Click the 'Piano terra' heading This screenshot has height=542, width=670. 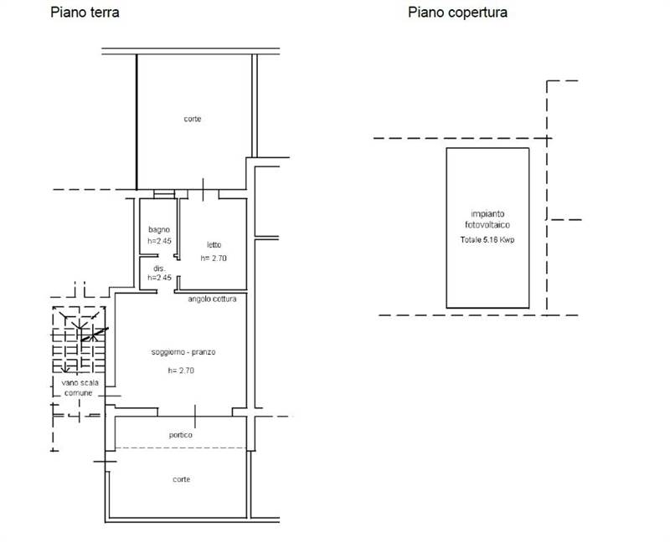click(x=85, y=12)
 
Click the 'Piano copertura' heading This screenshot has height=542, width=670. click(x=457, y=12)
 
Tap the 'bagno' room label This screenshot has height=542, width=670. click(x=159, y=230)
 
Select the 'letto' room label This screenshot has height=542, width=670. click(x=214, y=244)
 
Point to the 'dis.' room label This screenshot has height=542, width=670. click(x=159, y=268)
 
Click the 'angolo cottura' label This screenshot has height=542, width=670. click(x=212, y=299)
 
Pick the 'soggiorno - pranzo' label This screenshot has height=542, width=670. click(x=183, y=352)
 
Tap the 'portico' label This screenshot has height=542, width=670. click(x=181, y=435)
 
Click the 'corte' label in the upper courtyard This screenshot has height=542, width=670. click(x=193, y=119)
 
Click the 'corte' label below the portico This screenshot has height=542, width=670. click(x=181, y=479)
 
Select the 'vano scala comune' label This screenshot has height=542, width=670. click(x=80, y=387)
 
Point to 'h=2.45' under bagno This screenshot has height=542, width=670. click(x=159, y=241)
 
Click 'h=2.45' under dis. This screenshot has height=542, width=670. click(x=159, y=278)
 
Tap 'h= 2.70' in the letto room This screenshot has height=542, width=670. click(x=214, y=258)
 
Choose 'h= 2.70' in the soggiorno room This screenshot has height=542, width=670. click(x=181, y=371)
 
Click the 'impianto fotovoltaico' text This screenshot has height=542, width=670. click(x=487, y=219)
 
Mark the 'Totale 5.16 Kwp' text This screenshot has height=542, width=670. click(x=487, y=240)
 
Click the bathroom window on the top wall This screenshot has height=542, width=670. click(x=164, y=194)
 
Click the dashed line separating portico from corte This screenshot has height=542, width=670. click(x=181, y=447)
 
